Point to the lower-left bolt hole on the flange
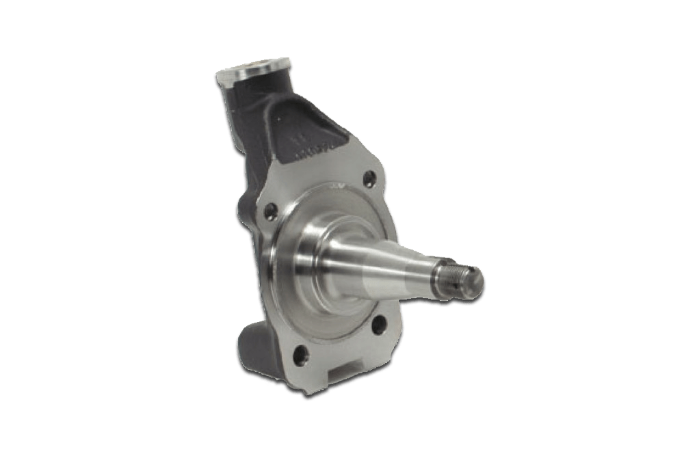[x=299, y=354]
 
